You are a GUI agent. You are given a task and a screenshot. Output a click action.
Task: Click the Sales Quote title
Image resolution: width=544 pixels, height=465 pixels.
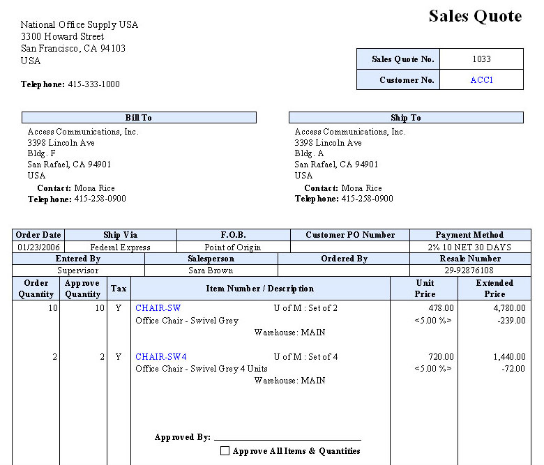click(x=475, y=16)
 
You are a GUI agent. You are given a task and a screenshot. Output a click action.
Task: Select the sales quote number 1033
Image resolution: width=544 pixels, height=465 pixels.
click(x=481, y=59)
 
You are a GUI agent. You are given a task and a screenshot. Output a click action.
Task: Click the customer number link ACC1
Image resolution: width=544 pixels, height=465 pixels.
click(x=481, y=80)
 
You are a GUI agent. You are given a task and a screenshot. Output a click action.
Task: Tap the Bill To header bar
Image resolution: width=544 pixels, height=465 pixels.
click(x=139, y=118)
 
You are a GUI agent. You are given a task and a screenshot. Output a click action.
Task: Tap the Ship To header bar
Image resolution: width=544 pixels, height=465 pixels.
click(x=406, y=118)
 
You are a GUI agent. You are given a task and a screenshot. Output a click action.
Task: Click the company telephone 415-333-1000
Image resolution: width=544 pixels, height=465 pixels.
click(x=93, y=84)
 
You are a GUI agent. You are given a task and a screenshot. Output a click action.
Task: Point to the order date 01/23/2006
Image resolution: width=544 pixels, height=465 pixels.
click(x=38, y=247)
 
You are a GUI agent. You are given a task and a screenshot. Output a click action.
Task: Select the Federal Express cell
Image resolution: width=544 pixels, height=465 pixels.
click(x=121, y=247)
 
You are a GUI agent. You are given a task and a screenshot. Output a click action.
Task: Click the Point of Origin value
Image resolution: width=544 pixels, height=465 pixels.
click(x=233, y=247)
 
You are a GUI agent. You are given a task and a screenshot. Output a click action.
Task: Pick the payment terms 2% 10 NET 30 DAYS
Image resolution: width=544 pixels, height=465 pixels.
click(x=470, y=247)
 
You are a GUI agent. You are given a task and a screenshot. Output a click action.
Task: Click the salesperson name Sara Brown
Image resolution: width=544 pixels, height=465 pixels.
click(x=211, y=270)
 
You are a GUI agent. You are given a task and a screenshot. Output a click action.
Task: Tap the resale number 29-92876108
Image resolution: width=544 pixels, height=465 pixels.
click(x=470, y=270)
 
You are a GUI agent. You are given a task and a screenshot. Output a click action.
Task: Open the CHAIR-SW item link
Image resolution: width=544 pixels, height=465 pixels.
click(x=158, y=307)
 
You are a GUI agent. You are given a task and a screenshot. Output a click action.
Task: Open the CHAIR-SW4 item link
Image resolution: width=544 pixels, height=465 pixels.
click(x=161, y=356)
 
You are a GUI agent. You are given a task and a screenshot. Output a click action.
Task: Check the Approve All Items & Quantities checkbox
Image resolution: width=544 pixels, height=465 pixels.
click(x=225, y=451)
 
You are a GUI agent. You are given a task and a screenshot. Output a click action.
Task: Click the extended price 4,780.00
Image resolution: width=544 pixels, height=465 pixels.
click(x=508, y=307)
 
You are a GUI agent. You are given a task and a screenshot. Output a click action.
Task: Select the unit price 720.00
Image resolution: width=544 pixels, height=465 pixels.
click(x=440, y=356)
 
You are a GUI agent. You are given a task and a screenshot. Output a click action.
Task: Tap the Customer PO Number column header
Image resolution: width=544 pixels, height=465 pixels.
click(x=350, y=235)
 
